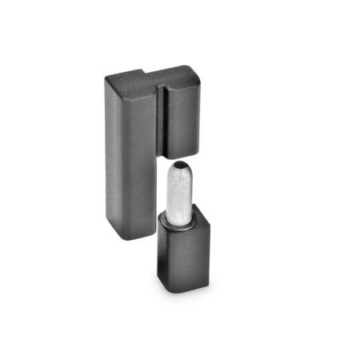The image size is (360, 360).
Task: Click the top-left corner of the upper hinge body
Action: tap(107, 77)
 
